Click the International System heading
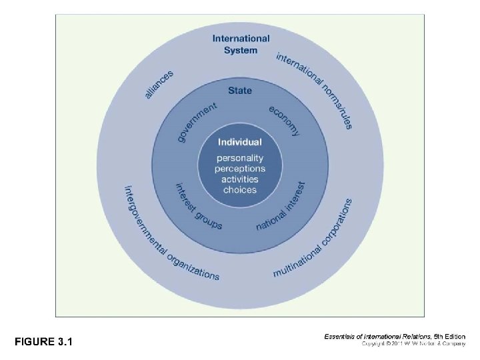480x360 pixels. pos(241,44)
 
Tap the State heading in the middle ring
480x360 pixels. pos(240,90)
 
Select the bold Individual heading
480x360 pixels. pos(240,142)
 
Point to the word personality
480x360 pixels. pos(240,159)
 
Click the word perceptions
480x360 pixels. pos(240,169)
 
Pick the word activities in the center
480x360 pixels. pos(240,179)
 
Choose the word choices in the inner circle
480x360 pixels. pos(240,190)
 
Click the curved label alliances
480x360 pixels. pos(159,85)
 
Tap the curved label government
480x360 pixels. pos(197,121)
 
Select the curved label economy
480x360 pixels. pos(285,120)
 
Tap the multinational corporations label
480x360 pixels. pos(313,239)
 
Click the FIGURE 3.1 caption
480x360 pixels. pos(44,342)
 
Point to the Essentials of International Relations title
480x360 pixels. pos(377,337)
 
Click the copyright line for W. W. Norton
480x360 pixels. pos(413,344)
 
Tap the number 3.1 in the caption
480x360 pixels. pos(65,342)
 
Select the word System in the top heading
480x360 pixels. pos(241,50)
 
